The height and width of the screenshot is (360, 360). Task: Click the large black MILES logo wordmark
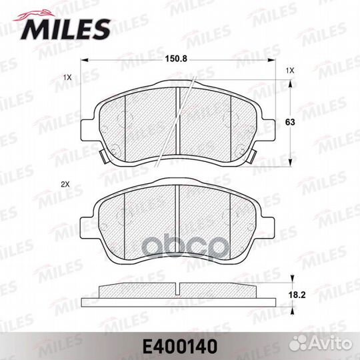click(65, 29)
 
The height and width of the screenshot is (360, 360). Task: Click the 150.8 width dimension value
click(176, 59)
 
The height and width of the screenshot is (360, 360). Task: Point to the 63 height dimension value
click(290, 122)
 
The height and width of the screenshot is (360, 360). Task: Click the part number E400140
click(180, 347)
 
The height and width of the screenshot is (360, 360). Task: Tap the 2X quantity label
click(65, 185)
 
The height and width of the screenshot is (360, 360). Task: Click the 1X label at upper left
click(67, 77)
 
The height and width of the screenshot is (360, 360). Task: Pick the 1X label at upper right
click(290, 71)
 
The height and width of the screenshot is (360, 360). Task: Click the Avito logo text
click(331, 344)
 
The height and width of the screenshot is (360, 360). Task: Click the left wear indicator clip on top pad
click(103, 157)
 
